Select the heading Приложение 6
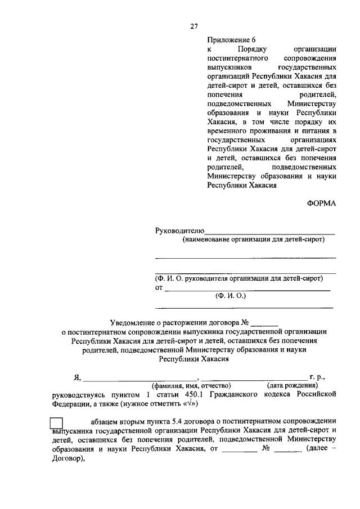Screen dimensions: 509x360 click(231, 40)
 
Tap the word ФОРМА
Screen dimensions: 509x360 click(322, 204)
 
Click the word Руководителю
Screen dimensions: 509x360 click(179, 231)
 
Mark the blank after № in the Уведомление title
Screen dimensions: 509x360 click(264, 324)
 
